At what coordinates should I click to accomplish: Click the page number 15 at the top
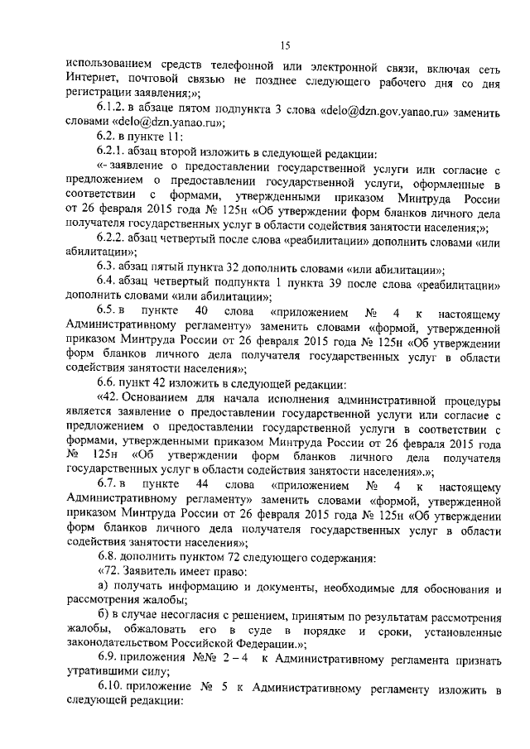coord(285,45)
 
